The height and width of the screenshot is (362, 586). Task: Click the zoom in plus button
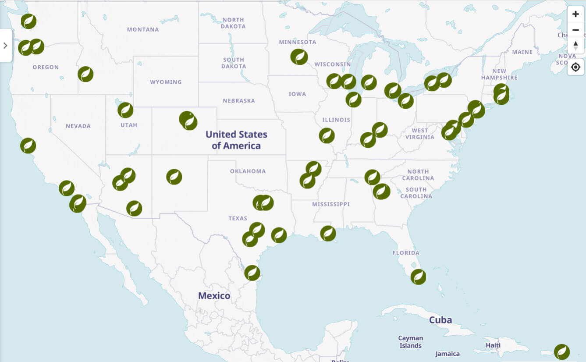575,14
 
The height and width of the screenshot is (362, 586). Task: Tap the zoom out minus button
575,30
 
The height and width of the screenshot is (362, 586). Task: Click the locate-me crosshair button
575,67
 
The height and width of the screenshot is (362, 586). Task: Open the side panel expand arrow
5,46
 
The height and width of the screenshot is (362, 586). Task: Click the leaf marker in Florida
418,277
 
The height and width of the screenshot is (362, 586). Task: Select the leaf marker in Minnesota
299,57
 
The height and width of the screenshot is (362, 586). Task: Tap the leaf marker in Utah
125,110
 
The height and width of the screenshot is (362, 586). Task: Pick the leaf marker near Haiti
562,352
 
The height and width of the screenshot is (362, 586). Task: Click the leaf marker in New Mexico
174,177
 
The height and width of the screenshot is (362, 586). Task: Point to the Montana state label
143,29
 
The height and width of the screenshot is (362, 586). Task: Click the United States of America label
236,140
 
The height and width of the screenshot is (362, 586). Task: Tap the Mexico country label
214,296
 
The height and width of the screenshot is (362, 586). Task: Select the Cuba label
440,320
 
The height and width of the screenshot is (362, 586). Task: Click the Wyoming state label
166,82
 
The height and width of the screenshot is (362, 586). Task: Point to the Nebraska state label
238,100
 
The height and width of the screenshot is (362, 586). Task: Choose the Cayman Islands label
410,342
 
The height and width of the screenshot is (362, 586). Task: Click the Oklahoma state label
248,171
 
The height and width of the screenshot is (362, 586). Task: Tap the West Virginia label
419,134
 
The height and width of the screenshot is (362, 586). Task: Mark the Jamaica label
447,354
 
